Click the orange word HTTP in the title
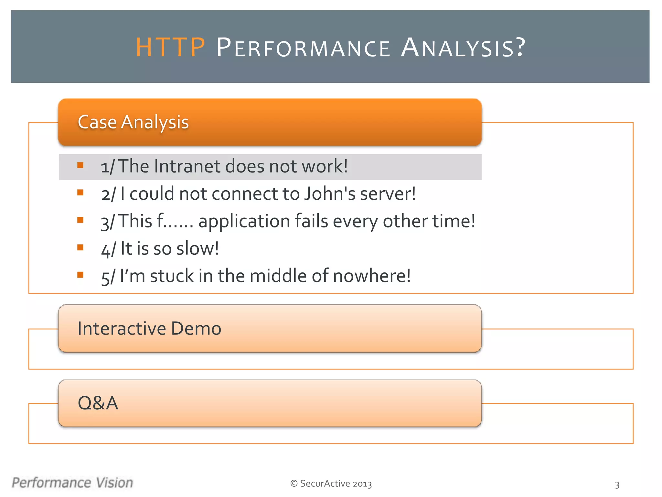(x=170, y=48)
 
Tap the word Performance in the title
(x=303, y=48)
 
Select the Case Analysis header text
(x=133, y=122)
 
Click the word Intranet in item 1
(x=187, y=166)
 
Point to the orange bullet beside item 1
(x=80, y=166)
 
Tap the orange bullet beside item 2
(x=80, y=193)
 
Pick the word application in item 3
(x=244, y=221)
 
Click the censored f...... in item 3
(x=175, y=221)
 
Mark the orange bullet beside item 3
(x=80, y=220)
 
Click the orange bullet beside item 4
(x=80, y=248)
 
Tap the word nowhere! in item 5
(x=372, y=276)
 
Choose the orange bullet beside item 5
(x=80, y=275)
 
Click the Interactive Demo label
(x=149, y=328)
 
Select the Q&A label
(x=98, y=403)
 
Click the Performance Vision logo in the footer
(x=72, y=483)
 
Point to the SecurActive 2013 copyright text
(x=331, y=484)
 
